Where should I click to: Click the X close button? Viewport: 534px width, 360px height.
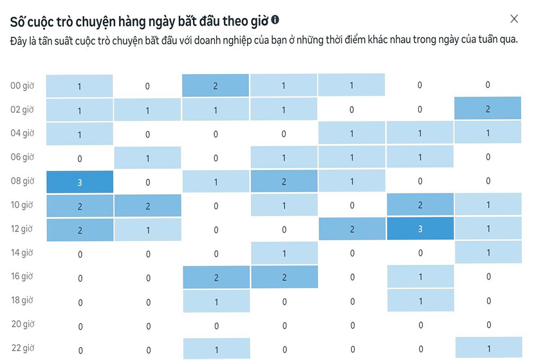[x=513, y=19]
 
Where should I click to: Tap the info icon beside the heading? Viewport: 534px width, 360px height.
[x=275, y=20]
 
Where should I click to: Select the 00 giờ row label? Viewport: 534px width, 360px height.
[x=22, y=85]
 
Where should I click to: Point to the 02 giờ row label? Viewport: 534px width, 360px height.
[x=22, y=109]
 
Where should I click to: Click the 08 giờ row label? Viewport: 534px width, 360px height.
[x=22, y=181]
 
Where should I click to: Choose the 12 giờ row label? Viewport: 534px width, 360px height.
[x=22, y=229]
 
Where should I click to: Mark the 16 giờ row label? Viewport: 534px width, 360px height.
[x=22, y=277]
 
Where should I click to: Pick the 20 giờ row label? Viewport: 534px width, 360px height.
[x=22, y=325]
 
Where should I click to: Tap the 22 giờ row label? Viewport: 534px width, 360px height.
[x=22, y=348]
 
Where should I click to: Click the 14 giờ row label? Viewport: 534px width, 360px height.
[x=22, y=253]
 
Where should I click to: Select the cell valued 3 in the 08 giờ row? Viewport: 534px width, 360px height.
[x=80, y=182]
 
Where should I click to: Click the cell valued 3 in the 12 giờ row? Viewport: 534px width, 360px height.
[x=419, y=230]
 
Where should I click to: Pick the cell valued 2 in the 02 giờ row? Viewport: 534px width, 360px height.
[x=488, y=109]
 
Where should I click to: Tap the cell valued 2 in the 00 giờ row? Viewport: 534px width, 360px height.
[x=216, y=85]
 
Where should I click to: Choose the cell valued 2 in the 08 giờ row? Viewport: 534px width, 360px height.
[x=284, y=182]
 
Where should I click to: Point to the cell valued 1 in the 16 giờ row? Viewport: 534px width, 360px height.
[x=419, y=277]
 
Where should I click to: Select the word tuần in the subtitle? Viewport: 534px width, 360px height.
[x=481, y=40]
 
